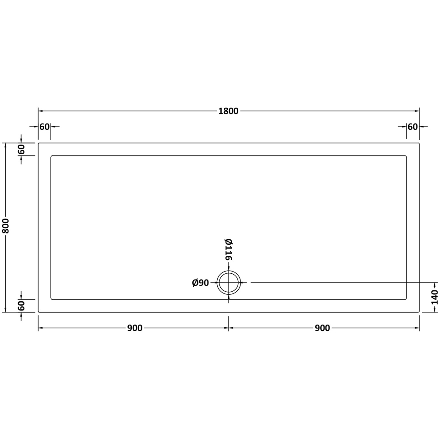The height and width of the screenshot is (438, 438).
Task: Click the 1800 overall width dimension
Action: click(228, 111)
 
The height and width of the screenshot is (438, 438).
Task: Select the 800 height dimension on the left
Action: click(6, 226)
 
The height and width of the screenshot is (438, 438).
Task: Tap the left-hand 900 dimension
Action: click(135, 328)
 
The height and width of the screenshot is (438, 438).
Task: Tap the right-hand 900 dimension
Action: click(322, 328)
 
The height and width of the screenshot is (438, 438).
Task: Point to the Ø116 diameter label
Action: click(228, 249)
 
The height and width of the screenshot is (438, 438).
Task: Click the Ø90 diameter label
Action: click(201, 283)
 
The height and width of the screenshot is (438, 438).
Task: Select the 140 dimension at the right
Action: click(434, 297)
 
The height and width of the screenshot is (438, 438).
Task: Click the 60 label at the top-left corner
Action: click(44, 127)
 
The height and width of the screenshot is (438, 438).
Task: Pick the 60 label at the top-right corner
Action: click(413, 127)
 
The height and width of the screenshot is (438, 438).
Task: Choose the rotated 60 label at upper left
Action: click(21, 149)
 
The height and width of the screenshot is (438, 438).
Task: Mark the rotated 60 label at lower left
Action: click(21, 306)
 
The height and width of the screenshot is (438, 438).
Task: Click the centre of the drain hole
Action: click(229, 283)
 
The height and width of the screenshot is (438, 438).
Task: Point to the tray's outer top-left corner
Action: click(39, 143)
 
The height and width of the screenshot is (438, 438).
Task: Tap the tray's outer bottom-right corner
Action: click(419, 312)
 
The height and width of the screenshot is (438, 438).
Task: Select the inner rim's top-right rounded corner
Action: click(406, 156)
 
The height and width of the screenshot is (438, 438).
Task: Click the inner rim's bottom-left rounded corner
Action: click(52, 299)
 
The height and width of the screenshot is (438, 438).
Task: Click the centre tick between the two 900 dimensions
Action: click(229, 328)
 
